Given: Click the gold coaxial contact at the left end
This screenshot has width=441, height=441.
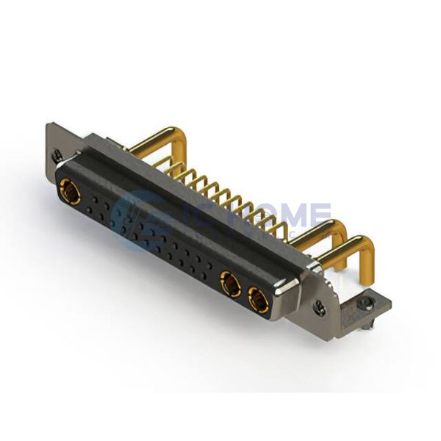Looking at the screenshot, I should [71, 193].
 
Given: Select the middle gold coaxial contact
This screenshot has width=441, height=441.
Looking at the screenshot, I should [229, 282].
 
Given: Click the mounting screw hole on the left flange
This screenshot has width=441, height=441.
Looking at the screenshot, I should [57, 154].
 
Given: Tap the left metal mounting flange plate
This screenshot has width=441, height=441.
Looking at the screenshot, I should [59, 147].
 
